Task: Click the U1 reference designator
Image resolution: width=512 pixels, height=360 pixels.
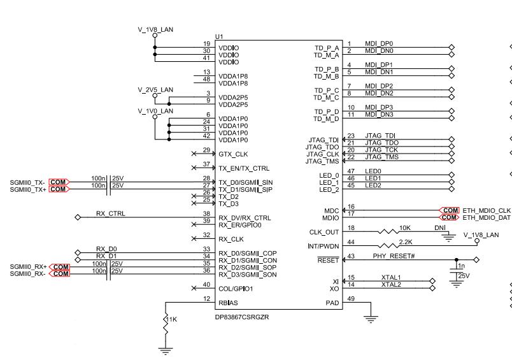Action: (219, 36)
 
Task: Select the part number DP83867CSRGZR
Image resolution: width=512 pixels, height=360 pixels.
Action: (242, 317)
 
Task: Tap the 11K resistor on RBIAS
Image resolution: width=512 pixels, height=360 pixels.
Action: (166, 325)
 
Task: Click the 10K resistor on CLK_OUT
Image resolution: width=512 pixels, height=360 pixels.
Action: (388, 232)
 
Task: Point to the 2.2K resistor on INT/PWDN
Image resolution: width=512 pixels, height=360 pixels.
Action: (388, 246)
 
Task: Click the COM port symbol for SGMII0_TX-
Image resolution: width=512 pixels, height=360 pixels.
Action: (59, 182)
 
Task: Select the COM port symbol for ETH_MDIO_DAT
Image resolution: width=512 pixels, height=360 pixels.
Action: (450, 217)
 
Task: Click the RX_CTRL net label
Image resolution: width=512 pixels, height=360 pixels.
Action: (111, 213)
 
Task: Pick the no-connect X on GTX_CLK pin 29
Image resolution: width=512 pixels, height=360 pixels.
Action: (194, 154)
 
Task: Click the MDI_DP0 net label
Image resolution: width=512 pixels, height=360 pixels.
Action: (379, 43)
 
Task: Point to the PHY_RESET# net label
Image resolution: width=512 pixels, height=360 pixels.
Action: (394, 256)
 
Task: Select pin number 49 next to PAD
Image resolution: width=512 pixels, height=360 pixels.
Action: (351, 299)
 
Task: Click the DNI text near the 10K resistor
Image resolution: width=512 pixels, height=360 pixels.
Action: (440, 227)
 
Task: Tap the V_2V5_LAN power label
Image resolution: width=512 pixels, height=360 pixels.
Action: (155, 90)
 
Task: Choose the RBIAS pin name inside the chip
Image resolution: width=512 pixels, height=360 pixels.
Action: (228, 303)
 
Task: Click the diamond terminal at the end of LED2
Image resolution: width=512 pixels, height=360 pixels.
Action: (452, 189)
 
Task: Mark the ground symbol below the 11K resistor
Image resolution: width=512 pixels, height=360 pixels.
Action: (166, 352)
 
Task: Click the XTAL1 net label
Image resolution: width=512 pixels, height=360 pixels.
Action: (391, 277)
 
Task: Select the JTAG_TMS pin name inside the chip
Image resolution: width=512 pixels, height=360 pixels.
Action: (322, 161)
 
